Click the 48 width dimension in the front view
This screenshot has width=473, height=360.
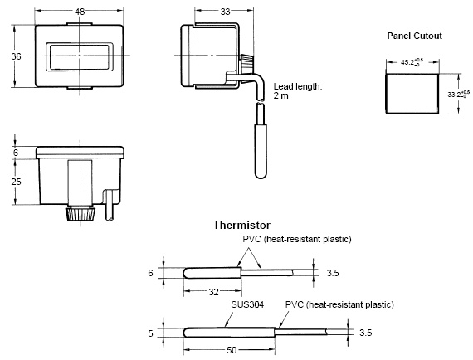point(80,12)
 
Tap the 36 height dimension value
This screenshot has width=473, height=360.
point(16,56)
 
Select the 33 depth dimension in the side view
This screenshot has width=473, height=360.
point(225,12)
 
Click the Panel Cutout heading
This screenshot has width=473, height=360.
point(414,36)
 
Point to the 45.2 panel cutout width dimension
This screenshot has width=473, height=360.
point(412,62)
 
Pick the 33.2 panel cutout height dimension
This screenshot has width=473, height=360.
point(459,95)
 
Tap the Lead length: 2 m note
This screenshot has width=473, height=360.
point(298,91)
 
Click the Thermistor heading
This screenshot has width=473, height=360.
point(241,225)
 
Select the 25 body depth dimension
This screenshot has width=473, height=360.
point(16,182)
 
